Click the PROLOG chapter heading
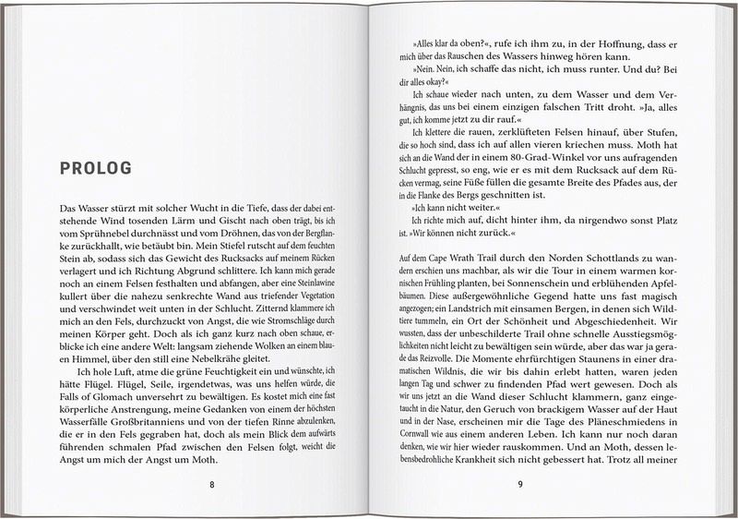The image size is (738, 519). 96,169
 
